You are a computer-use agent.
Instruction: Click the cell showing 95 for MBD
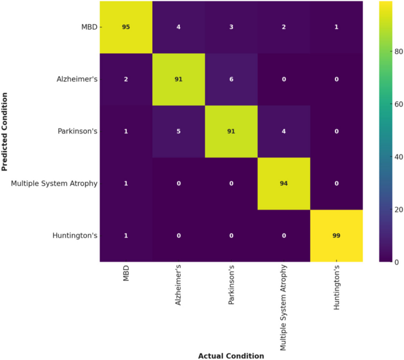pyautogui.click(x=125, y=27)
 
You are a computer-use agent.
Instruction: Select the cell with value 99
pyautogui.click(x=336, y=235)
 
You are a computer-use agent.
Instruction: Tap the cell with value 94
pyautogui.click(x=284, y=184)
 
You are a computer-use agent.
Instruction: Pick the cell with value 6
pyautogui.click(x=231, y=79)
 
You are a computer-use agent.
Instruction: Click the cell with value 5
pyautogui.click(x=178, y=131)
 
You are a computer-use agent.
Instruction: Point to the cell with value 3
pyautogui.click(x=231, y=27)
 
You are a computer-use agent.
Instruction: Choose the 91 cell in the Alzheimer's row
pyautogui.click(x=178, y=79)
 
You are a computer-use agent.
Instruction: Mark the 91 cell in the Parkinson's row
pyautogui.click(x=231, y=131)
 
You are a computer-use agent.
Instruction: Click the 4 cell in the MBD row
pyautogui.click(x=178, y=27)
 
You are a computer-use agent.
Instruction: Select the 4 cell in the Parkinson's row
pyautogui.click(x=284, y=131)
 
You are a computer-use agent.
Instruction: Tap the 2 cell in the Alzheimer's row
pyautogui.click(x=125, y=79)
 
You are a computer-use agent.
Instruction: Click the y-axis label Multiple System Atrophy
pyautogui.click(x=54, y=184)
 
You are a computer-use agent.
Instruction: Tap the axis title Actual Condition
pyautogui.click(x=231, y=355)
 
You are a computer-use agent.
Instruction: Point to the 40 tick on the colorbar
pyautogui.click(x=392, y=157)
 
